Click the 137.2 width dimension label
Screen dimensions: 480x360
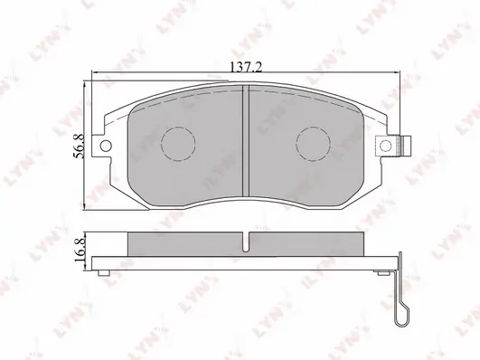click(x=246, y=67)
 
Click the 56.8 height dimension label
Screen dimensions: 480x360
click(x=80, y=147)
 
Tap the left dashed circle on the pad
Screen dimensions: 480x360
click(x=178, y=144)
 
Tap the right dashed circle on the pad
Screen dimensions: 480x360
click(x=313, y=144)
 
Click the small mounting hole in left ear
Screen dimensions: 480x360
click(x=106, y=146)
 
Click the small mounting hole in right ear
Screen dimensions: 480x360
click(x=386, y=146)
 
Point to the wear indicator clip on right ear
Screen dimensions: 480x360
click(x=405, y=146)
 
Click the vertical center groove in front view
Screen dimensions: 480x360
click(x=246, y=140)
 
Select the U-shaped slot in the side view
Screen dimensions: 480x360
click(x=246, y=242)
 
